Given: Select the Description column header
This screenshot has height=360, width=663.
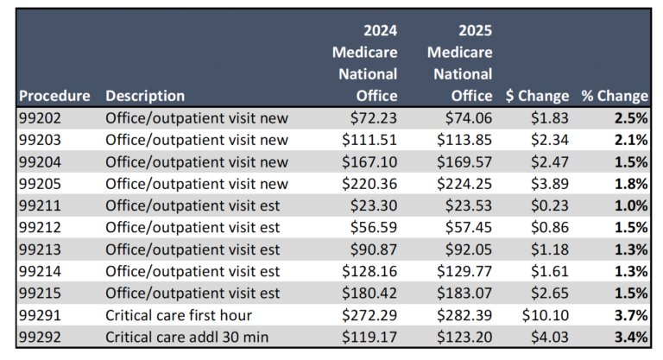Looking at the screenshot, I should tap(145, 96).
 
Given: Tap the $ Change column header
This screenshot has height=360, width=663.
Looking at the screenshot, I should tap(535, 96).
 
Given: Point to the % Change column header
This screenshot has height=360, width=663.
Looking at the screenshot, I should tap(614, 96).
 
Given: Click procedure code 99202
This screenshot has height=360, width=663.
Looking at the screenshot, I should tap(41, 117).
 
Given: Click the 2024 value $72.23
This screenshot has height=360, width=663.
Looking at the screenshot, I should tap(373, 117).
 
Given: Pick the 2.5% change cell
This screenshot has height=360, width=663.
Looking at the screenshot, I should tap(630, 117).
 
